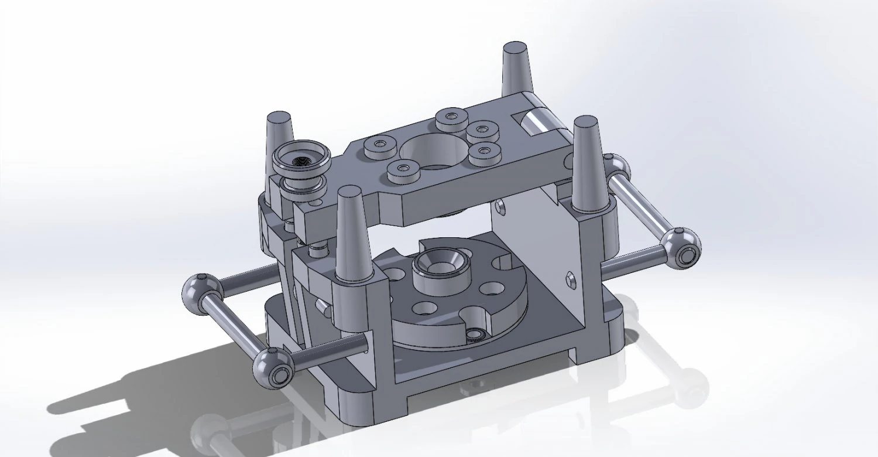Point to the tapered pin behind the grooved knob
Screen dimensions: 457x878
click(x=279, y=132)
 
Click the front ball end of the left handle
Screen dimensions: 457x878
click(x=273, y=367)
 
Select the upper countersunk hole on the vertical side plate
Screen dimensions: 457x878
click(x=499, y=206)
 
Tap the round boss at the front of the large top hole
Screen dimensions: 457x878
click(x=402, y=170)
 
